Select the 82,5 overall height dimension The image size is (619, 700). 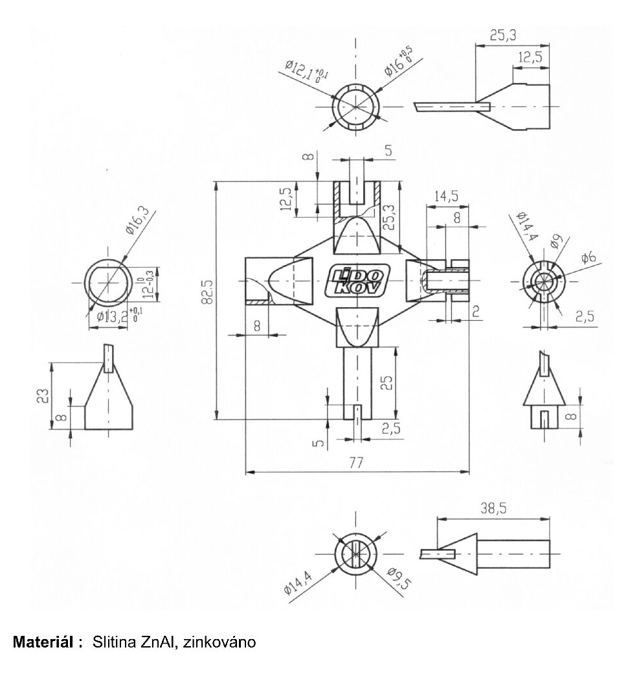click(207, 292)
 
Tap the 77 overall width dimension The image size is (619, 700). click(355, 463)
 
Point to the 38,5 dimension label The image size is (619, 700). click(493, 508)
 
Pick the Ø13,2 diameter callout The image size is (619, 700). click(113, 316)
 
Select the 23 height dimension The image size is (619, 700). click(43, 395)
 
